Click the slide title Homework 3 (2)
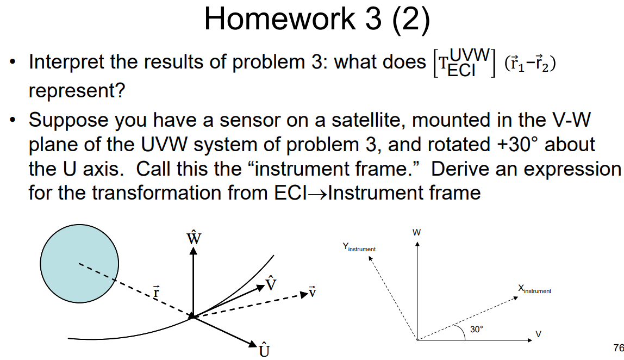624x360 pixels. coord(317,20)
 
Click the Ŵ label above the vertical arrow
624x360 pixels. coord(192,238)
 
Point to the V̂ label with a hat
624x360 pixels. coord(271,283)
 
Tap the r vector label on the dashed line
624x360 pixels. coord(157,292)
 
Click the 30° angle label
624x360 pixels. coord(477,329)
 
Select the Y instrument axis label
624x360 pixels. coord(359,248)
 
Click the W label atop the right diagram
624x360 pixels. coord(416,232)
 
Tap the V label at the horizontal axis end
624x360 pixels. coord(538,333)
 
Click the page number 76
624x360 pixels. coord(617,347)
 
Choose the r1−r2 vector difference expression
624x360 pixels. coord(531,63)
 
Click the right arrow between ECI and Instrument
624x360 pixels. coord(318,193)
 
